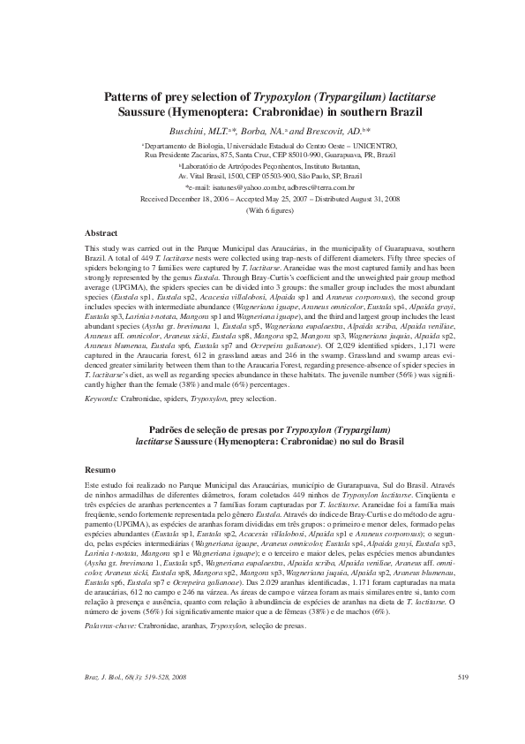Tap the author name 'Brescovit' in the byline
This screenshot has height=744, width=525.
point(326,130)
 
